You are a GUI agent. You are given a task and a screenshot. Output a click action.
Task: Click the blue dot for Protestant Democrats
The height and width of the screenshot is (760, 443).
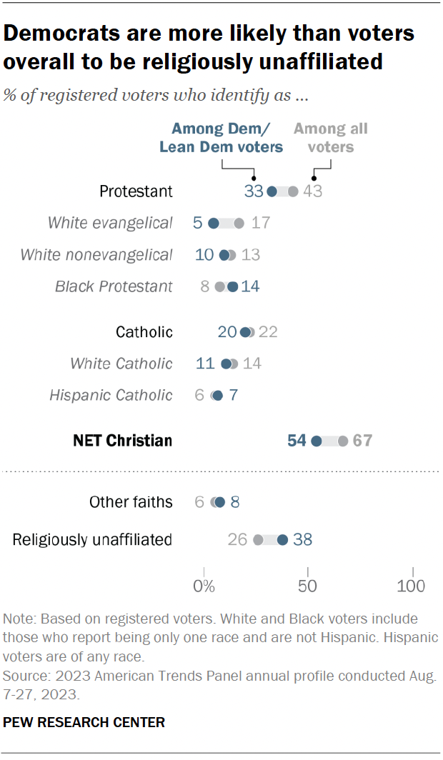(272, 191)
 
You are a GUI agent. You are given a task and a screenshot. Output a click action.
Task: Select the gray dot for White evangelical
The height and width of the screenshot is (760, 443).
(239, 224)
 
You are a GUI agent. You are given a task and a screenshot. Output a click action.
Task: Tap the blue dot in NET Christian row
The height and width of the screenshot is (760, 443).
(317, 441)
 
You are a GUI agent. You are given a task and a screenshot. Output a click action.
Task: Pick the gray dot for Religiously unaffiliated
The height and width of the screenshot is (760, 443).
(259, 539)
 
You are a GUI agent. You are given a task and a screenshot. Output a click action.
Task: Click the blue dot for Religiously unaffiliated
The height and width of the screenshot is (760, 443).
(283, 539)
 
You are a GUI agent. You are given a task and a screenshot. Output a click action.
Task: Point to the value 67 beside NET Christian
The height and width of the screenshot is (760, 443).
(362, 441)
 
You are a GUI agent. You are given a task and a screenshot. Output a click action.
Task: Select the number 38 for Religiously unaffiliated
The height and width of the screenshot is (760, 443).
(302, 539)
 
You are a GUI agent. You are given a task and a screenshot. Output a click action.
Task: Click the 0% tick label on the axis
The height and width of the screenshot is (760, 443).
(204, 587)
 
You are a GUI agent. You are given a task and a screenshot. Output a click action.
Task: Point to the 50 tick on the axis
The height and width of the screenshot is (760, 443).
(308, 587)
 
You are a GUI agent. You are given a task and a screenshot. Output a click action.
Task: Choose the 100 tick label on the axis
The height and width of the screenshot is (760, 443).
(411, 587)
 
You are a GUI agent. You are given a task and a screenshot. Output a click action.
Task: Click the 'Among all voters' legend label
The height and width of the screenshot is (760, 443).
(331, 138)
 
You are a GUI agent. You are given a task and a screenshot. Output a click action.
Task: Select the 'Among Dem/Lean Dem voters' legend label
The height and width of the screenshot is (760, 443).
(221, 138)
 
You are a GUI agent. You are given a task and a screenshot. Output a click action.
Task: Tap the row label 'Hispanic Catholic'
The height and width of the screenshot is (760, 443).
(111, 395)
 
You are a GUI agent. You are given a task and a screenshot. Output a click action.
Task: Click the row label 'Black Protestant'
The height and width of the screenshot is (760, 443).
(114, 286)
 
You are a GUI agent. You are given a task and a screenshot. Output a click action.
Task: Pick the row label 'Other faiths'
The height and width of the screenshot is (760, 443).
(131, 502)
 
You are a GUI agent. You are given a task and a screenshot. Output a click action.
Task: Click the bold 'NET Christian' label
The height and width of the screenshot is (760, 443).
(123, 441)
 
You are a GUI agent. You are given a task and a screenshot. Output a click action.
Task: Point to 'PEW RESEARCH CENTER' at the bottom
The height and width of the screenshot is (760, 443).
(84, 722)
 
